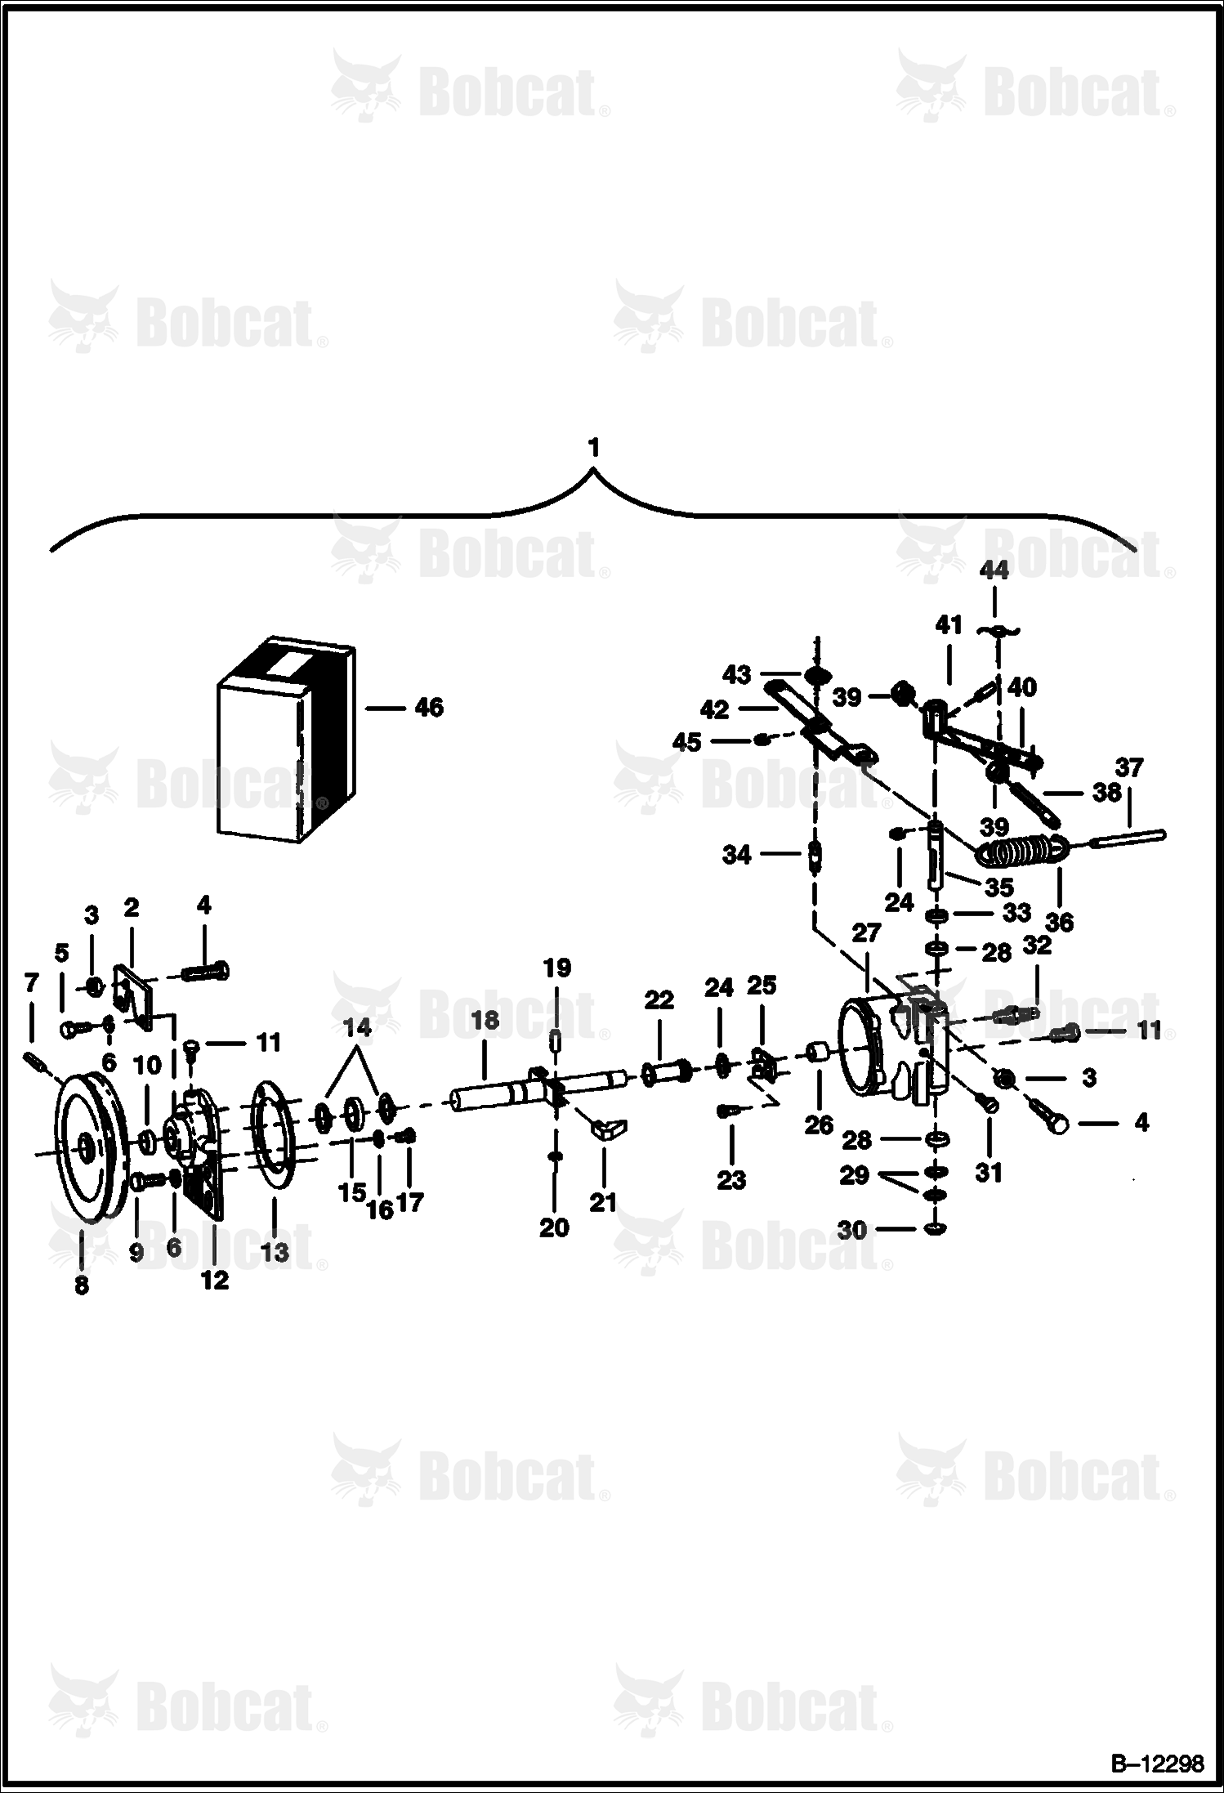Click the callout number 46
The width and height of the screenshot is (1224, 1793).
(x=429, y=708)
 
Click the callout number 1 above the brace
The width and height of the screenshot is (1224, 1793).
(x=593, y=448)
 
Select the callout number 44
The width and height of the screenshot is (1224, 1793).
(x=994, y=570)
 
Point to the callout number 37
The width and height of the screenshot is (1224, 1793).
(x=1128, y=768)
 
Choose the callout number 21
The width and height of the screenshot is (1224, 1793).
(x=603, y=1202)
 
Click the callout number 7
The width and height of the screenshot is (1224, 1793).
(x=31, y=982)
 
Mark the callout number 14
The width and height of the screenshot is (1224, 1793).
(x=356, y=1027)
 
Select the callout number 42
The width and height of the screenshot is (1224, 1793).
(x=715, y=710)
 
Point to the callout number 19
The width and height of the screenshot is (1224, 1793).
(x=556, y=968)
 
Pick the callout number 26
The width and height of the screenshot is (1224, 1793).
(x=818, y=1125)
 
